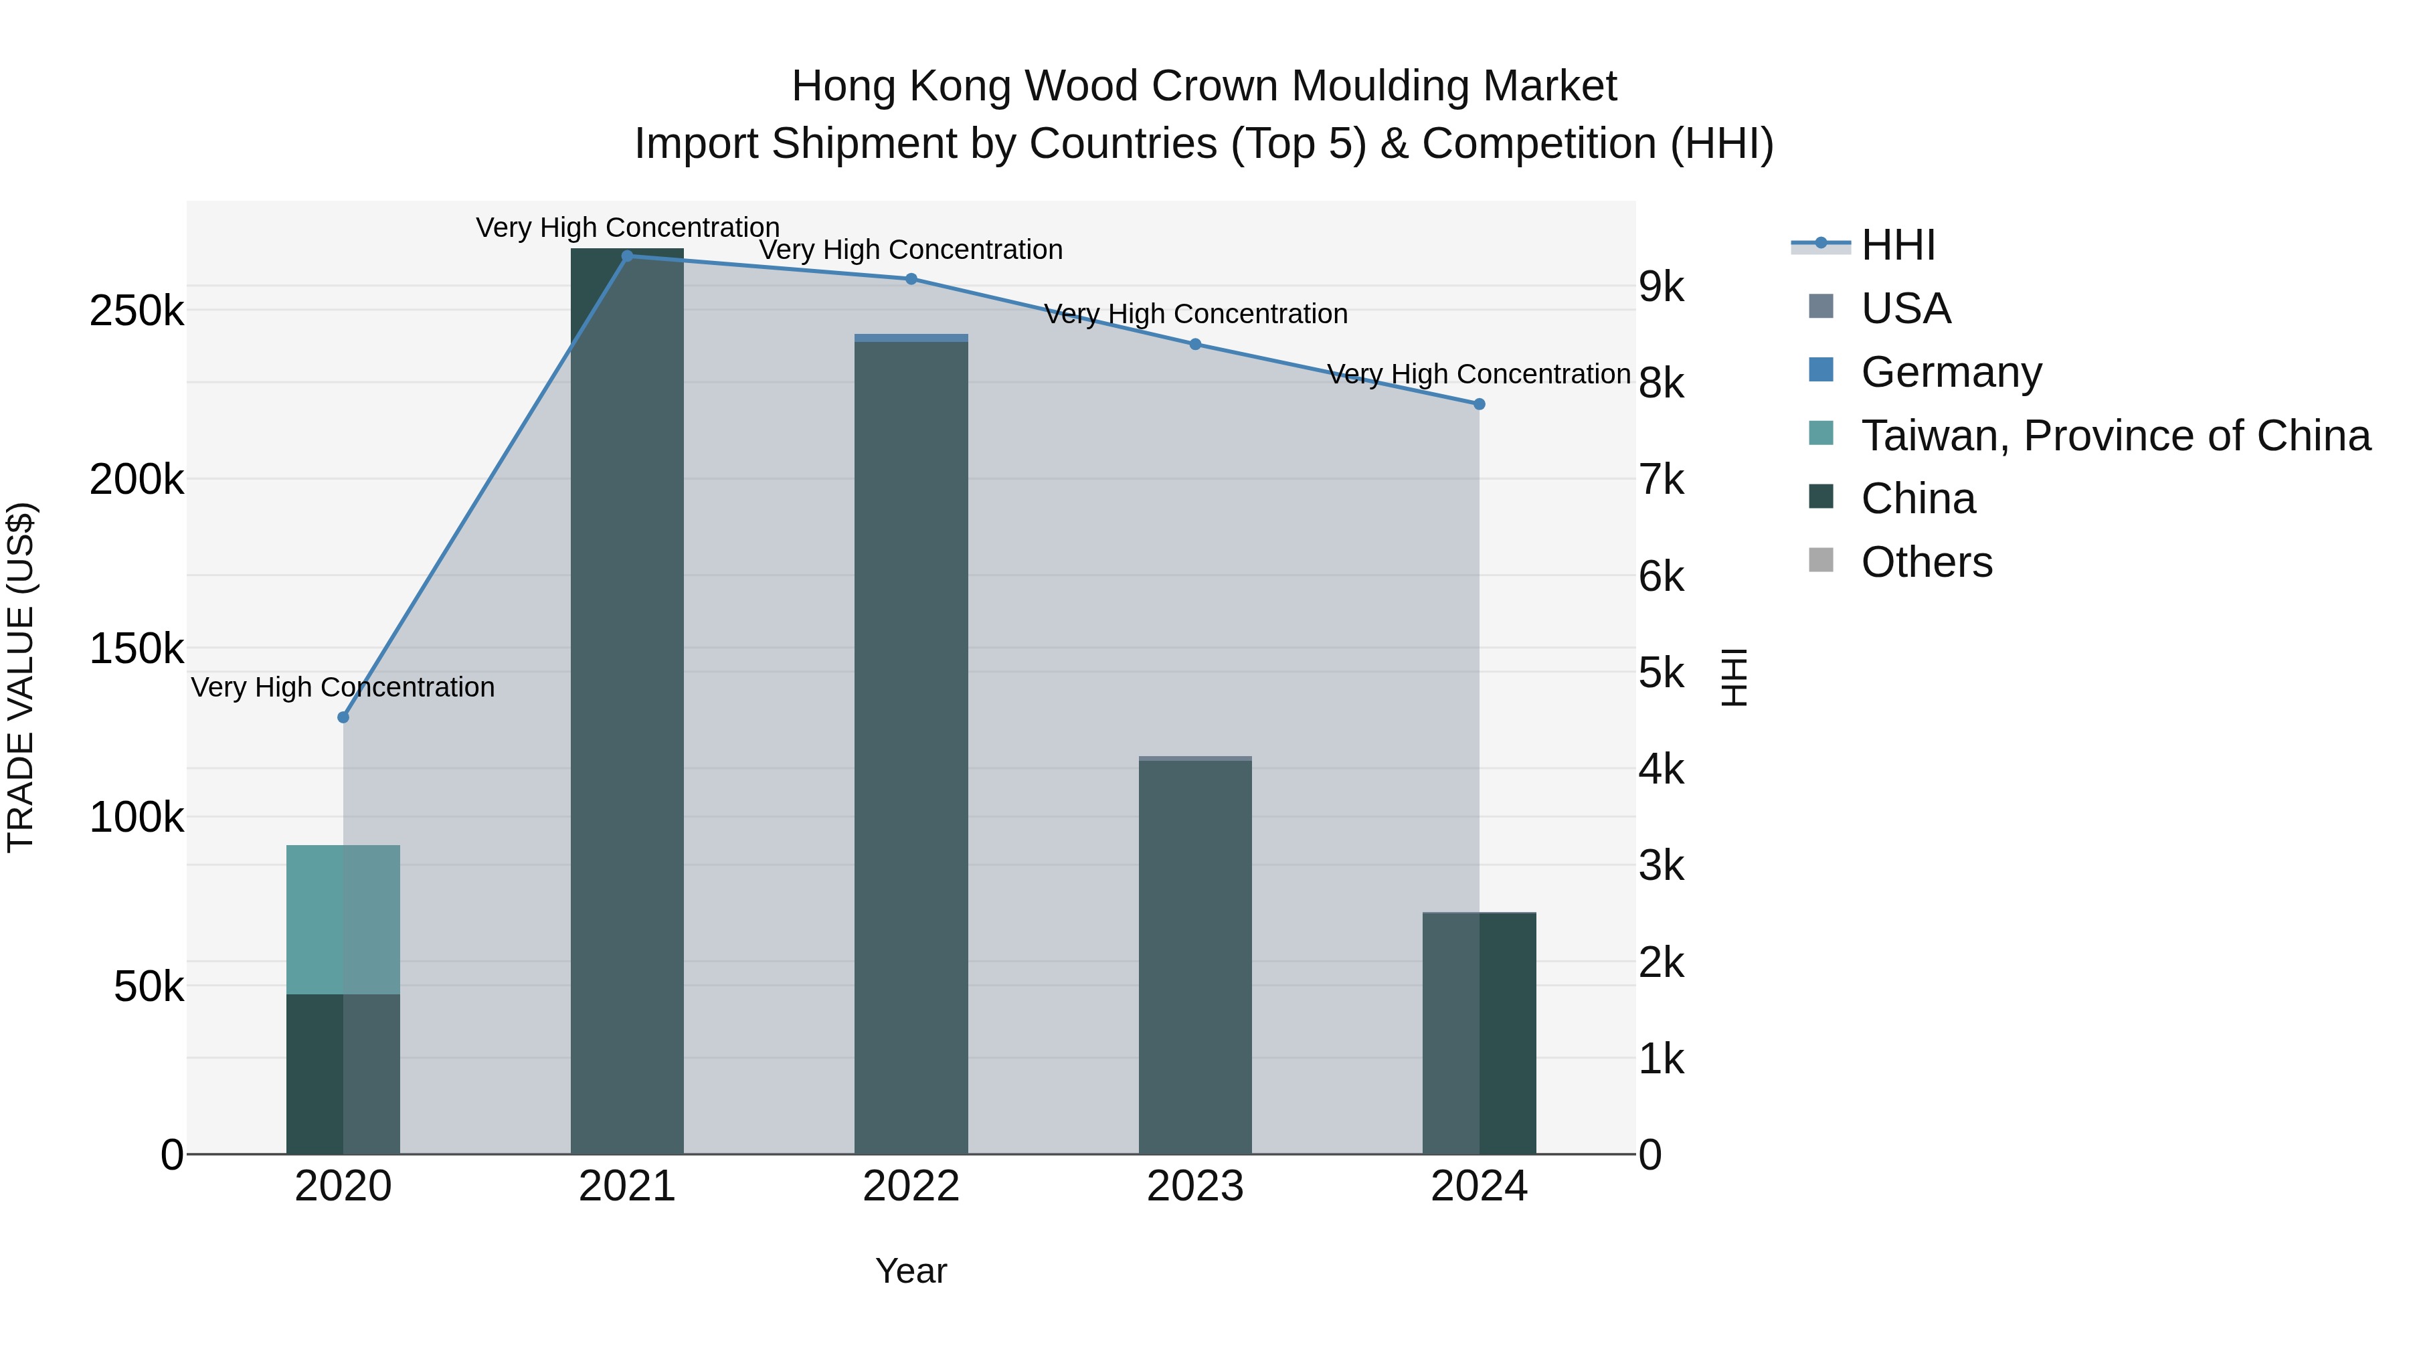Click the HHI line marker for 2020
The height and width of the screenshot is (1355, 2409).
click(x=343, y=717)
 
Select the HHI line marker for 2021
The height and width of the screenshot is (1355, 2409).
click(x=628, y=256)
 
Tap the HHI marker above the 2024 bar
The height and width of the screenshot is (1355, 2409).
click(x=1478, y=404)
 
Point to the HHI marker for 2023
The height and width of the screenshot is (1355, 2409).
click(x=1195, y=344)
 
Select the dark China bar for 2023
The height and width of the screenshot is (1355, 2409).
click(x=1195, y=954)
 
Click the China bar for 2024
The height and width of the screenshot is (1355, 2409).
click(x=1478, y=1033)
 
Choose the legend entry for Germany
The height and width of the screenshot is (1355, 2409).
click(x=1951, y=372)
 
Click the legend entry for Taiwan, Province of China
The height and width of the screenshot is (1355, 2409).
click(x=2115, y=436)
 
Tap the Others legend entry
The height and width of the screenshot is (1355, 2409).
click(x=1927, y=562)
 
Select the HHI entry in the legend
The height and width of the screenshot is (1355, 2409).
click(x=1898, y=245)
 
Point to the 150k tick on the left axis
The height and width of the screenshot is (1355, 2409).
click(x=137, y=648)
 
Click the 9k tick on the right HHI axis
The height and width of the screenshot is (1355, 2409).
click(x=1662, y=287)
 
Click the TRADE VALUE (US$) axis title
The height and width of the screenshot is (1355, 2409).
click(x=21, y=677)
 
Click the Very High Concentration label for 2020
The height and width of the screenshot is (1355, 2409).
click(x=343, y=687)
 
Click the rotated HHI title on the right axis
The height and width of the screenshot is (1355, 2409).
click(x=1734, y=677)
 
